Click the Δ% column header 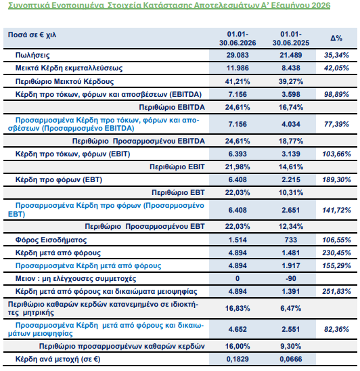coord(336,38)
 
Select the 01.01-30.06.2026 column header coord(238,39)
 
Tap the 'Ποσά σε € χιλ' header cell coord(32,35)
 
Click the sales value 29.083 coord(238,55)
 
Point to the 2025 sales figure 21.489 coord(291,55)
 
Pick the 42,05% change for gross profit coord(336,68)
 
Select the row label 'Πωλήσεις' coord(32,56)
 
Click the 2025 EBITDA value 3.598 coord(291,94)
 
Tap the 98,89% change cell coord(336,94)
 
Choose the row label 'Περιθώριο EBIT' coord(177,167)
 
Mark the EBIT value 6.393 coord(238,154)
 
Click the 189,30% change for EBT coord(336,180)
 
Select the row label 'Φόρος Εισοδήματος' coord(51,240)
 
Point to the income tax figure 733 coord(291,240)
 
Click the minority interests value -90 coord(291,278)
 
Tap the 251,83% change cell coord(336,291)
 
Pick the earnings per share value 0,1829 coord(238,359)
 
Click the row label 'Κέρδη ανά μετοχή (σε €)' coord(58,359)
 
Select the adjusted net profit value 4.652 coord(238,329)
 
